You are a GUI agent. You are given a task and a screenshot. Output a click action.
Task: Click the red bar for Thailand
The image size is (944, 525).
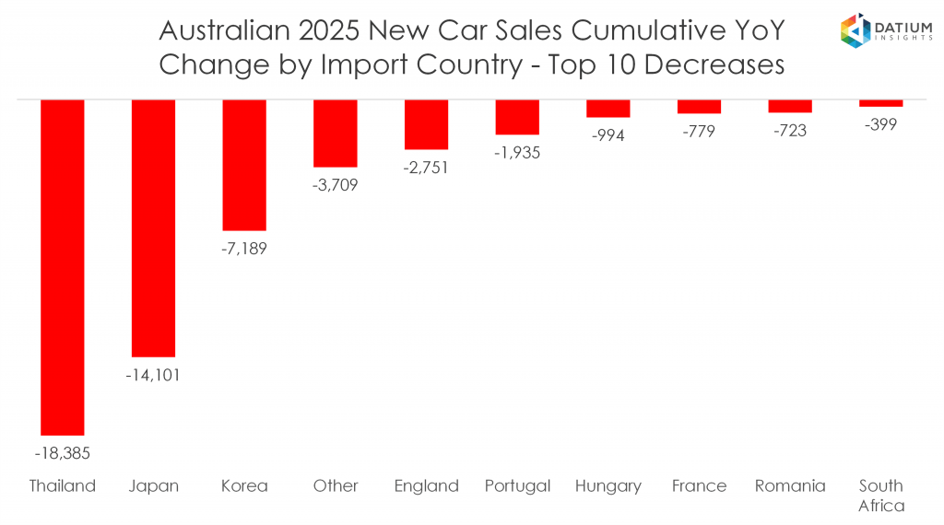coord(63,267)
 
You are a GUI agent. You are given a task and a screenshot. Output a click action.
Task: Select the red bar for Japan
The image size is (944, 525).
coord(153,227)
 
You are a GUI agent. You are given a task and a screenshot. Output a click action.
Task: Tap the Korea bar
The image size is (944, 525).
coord(244,165)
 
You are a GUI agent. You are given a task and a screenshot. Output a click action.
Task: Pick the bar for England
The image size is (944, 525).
coord(426,124)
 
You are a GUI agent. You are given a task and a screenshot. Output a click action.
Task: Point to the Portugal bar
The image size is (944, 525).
coord(516,117)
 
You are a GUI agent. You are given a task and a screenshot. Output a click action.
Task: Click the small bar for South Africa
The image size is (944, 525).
coord(880,103)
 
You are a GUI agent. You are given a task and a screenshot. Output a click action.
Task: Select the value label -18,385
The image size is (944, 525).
coord(63,453)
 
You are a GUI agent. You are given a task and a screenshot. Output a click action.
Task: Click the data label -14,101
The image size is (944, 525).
coord(153,375)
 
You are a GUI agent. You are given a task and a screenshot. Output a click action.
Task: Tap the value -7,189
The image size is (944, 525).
coord(244,249)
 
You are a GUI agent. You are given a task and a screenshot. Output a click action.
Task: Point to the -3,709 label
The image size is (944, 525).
coord(335,185)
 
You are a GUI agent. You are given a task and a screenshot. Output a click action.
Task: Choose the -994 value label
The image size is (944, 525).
coord(608,135)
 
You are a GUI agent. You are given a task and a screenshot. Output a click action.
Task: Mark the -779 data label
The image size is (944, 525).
coord(699,132)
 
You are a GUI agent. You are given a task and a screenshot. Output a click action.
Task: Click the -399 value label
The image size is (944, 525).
coord(880,124)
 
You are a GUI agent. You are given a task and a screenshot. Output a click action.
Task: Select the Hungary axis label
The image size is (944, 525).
coord(608,486)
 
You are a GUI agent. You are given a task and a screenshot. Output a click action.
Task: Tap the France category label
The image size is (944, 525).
coord(699,486)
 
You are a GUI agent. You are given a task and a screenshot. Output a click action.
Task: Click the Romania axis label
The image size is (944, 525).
coord(790,486)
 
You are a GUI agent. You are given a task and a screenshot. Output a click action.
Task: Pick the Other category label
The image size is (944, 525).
coord(335,486)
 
